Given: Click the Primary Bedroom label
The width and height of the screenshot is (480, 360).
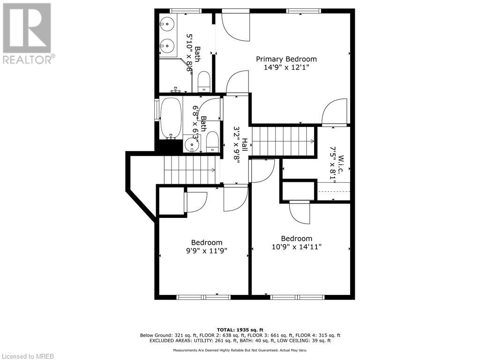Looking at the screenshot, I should (x=286, y=59).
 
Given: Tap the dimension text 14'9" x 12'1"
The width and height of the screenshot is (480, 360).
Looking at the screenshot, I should (x=286, y=67).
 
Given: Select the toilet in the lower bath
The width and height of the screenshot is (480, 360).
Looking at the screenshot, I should (x=212, y=142).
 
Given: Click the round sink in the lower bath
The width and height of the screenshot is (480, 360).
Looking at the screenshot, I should (x=192, y=145).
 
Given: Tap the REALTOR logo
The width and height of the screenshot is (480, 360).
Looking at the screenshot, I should (x=28, y=33).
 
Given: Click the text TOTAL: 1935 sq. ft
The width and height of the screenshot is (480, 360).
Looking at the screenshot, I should (x=240, y=330).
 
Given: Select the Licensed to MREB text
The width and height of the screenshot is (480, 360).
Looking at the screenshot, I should (x=28, y=356).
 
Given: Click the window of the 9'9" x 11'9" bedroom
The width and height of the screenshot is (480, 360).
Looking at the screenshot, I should (x=204, y=297).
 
